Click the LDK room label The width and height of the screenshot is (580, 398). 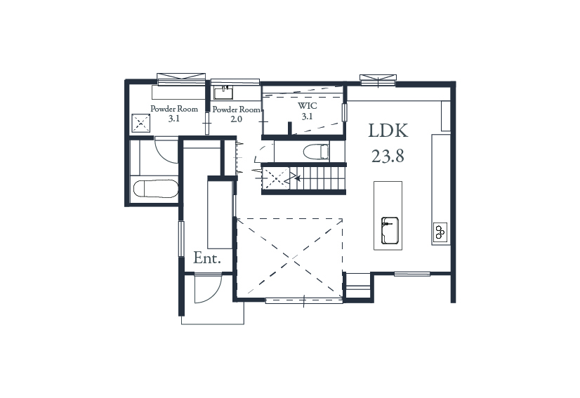(388, 131)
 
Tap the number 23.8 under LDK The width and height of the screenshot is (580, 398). (388, 157)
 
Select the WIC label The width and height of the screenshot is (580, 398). (307, 106)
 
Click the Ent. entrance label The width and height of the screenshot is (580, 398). (207, 258)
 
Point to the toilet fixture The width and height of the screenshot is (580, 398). (316, 152)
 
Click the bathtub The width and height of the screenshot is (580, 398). (155, 189)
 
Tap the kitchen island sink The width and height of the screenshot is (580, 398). (390, 230)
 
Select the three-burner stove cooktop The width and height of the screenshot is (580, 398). (440, 232)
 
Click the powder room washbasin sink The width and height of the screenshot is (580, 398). (223, 93)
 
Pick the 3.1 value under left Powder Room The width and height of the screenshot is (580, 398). (174, 119)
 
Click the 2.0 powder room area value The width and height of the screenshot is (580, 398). (237, 119)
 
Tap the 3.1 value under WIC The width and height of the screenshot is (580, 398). (307, 117)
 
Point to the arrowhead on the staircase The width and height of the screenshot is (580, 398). (298, 179)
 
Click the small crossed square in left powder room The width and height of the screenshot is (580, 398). (141, 123)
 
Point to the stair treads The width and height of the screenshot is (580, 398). (317, 178)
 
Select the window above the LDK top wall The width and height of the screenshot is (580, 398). (378, 79)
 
